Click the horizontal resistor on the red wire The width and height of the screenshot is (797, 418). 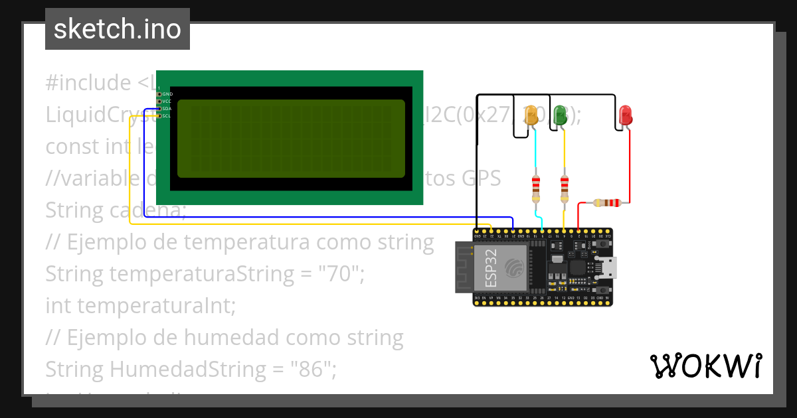(x=607, y=203)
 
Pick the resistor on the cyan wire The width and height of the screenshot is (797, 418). (x=536, y=188)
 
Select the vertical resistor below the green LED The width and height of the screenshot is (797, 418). (x=565, y=188)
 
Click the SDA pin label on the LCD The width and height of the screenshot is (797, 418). (x=166, y=109)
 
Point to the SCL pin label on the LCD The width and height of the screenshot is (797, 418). (x=166, y=116)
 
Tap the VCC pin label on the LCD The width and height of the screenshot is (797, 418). (x=166, y=102)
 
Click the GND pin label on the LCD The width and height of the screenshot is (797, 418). (x=166, y=94)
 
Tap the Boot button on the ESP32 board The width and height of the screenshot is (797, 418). (x=602, y=290)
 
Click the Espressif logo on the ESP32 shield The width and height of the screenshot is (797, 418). (x=514, y=267)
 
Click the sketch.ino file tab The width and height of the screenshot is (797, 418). (x=118, y=29)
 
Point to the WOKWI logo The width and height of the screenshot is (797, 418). (x=705, y=366)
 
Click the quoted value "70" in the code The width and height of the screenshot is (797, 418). (x=341, y=273)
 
